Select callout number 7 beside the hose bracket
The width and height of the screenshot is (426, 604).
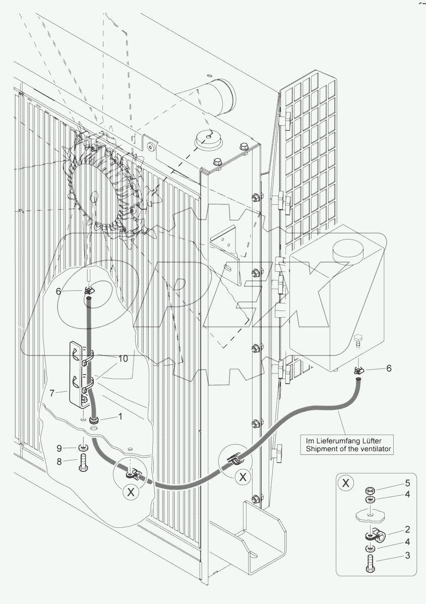pos(58,391)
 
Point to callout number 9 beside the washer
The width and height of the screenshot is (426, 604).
pos(59,447)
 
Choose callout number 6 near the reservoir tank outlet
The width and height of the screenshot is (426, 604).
pos(388,369)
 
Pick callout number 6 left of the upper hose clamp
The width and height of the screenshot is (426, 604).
pos(58,291)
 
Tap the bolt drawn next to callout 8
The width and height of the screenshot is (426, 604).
pos(83,461)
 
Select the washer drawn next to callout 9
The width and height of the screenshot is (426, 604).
pos(83,447)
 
